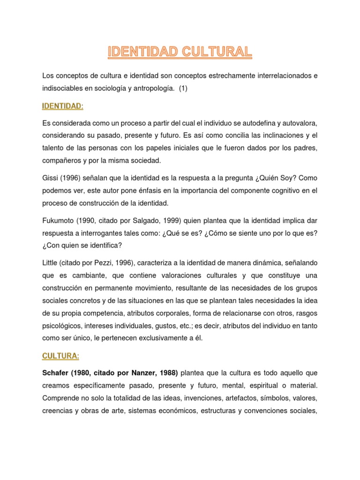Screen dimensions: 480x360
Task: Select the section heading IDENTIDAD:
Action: pyautogui.click(x=63, y=106)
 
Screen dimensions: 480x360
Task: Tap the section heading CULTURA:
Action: pyautogui.click(x=60, y=356)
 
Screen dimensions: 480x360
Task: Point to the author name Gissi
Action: pyautogui.click(x=50, y=178)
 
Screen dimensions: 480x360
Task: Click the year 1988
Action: pyautogui.click(x=167, y=373)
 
